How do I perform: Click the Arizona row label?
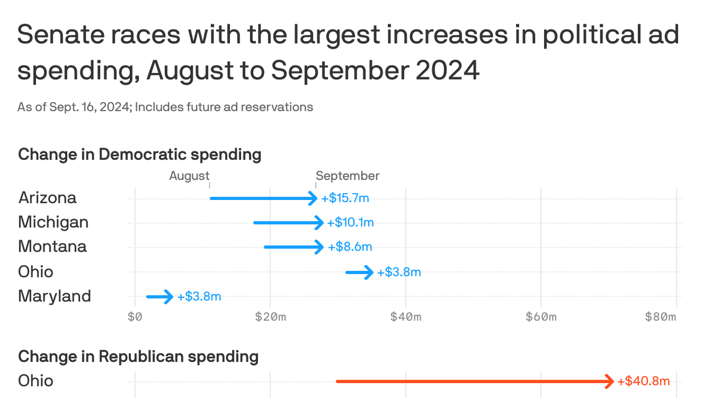pyautogui.click(x=47, y=198)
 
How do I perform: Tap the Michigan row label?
pyautogui.click(x=53, y=222)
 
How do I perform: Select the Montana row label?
pyautogui.click(x=52, y=246)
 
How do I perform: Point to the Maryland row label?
pyautogui.click(x=54, y=296)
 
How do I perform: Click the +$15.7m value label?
pyautogui.click(x=346, y=198)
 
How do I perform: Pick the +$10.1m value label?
pyautogui.click(x=350, y=223)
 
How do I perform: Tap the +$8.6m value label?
pyautogui.click(x=350, y=247)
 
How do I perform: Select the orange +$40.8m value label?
pyautogui.click(x=643, y=381)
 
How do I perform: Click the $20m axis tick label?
pyautogui.click(x=271, y=317)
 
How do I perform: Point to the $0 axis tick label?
pyautogui.click(x=135, y=317)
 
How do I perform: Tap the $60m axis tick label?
pyautogui.click(x=541, y=317)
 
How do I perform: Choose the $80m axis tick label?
pyautogui.click(x=660, y=317)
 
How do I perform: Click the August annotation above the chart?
pyautogui.click(x=189, y=176)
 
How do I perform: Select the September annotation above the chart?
pyautogui.click(x=348, y=176)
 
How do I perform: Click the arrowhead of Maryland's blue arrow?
pyautogui.click(x=169, y=297)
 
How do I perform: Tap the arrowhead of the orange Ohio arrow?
pyautogui.click(x=610, y=381)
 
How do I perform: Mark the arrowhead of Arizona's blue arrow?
pyautogui.click(x=313, y=198)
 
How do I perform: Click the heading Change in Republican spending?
pyautogui.click(x=138, y=357)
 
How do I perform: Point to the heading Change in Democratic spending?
pyautogui.click(x=140, y=155)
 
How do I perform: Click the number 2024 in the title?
pyautogui.click(x=447, y=71)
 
